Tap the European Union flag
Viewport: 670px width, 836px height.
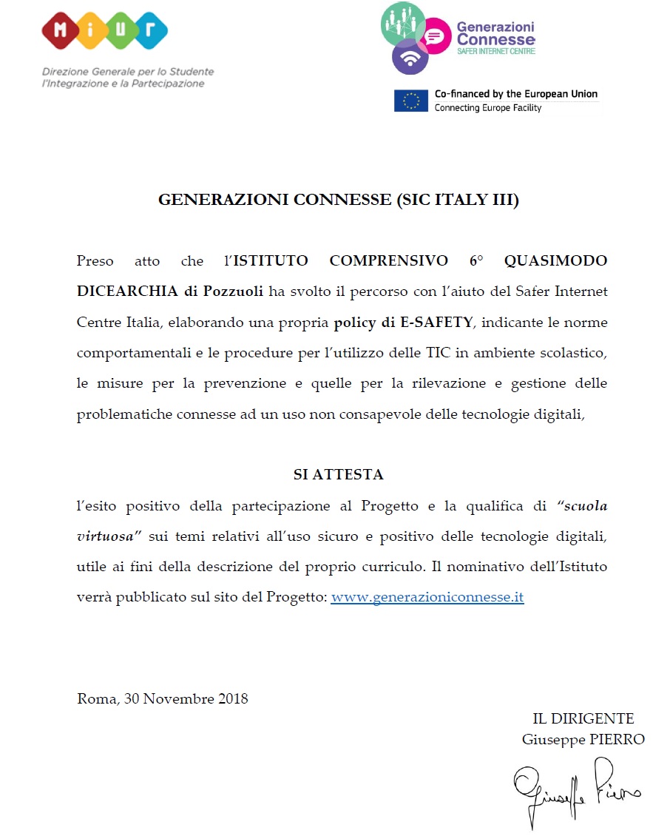coord(411,101)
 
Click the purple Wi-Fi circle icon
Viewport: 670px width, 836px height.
coord(410,57)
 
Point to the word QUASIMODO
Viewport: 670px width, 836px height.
coord(555,261)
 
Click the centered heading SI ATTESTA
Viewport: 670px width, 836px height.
coord(338,475)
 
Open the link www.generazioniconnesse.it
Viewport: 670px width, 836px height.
coord(427,597)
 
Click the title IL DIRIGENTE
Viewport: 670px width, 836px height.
coord(583,718)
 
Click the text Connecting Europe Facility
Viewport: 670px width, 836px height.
coord(488,108)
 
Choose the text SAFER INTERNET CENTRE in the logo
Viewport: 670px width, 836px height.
coord(495,51)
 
